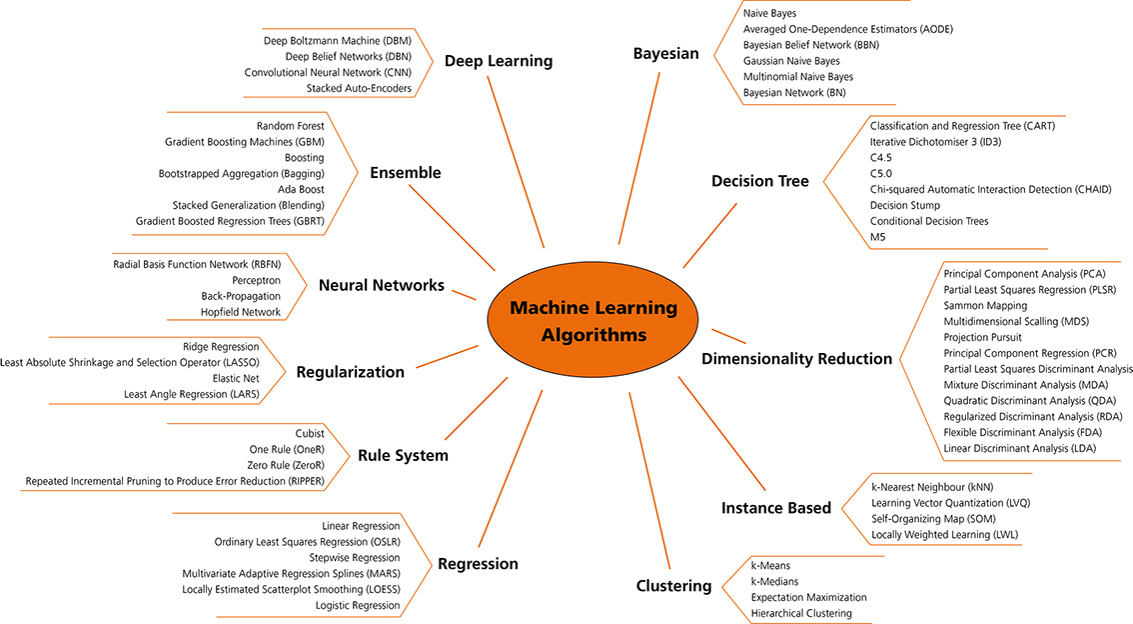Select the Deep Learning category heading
point(499,61)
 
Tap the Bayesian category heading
point(665,54)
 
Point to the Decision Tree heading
point(760,181)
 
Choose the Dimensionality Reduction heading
point(797,359)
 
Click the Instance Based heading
point(776,508)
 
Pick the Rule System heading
point(404,456)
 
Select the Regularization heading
point(351,372)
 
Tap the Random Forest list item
point(291,126)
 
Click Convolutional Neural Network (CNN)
point(328,72)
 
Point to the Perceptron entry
point(257,281)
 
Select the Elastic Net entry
point(236,378)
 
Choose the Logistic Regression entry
point(358,605)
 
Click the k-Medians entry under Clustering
point(774,581)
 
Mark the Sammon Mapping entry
point(985,305)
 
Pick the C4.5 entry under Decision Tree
point(881,158)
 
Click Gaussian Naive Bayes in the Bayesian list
point(792,61)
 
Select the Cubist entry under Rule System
point(310,433)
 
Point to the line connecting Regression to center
point(511,469)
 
